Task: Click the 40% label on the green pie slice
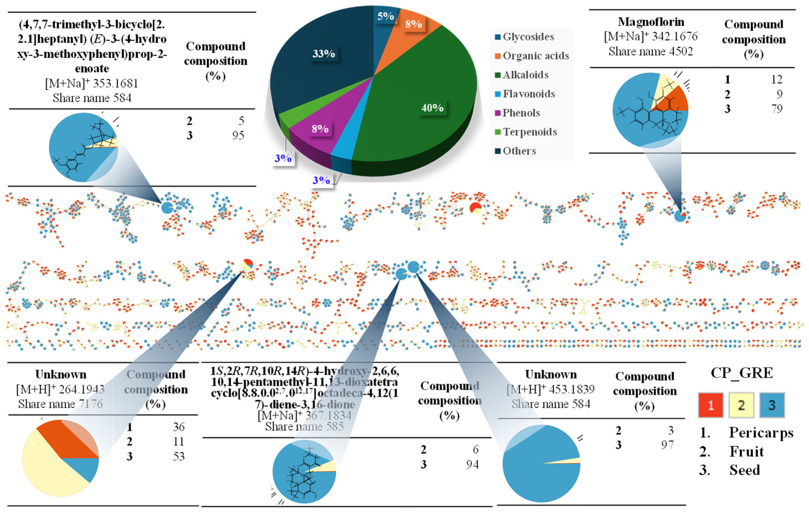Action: [432, 108]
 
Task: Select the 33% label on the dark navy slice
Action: [324, 54]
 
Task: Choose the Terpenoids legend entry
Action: [530, 132]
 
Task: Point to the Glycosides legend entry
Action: [528, 37]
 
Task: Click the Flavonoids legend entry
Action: [529, 94]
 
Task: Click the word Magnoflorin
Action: [651, 22]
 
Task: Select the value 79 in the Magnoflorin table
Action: [777, 109]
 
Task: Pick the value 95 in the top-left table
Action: [238, 136]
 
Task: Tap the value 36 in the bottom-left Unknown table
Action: [179, 427]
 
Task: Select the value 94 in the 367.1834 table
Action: [472, 464]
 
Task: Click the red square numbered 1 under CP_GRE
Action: [711, 405]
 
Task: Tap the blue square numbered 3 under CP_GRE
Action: [772, 405]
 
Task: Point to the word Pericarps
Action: [761, 433]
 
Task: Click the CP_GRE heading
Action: [742, 373]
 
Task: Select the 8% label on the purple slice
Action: [320, 129]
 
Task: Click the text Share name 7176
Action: [60, 404]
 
